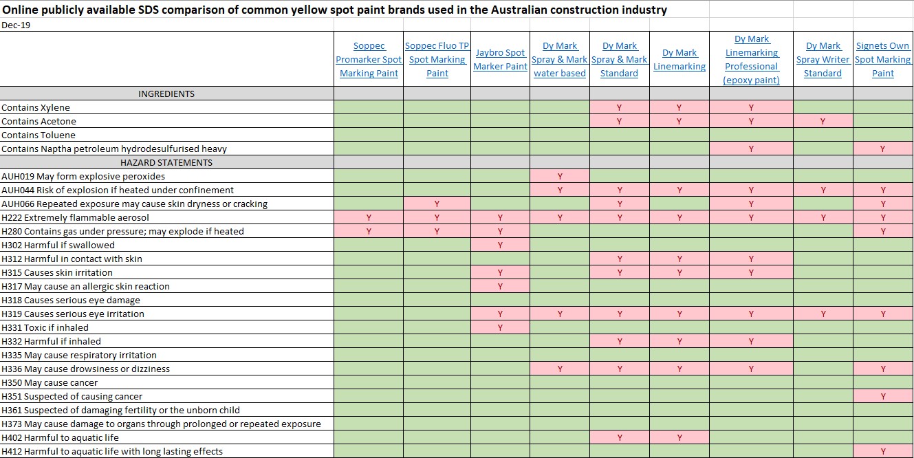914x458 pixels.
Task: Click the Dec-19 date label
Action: coord(16,25)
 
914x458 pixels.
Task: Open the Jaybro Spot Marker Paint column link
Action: coord(500,59)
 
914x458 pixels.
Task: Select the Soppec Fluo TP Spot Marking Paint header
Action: coord(437,59)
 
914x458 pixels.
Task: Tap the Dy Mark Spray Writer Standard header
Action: coord(823,59)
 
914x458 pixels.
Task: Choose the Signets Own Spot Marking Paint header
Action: coord(882,59)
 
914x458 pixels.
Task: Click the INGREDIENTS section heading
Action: coord(166,94)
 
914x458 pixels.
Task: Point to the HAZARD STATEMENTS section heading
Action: coord(166,162)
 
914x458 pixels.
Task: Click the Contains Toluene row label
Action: coord(39,135)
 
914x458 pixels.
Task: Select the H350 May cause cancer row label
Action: coord(50,382)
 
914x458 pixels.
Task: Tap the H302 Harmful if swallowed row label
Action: coord(58,245)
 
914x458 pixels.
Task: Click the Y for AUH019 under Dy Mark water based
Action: coord(560,176)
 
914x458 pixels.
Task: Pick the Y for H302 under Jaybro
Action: coord(500,245)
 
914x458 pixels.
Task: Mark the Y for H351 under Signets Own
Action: coord(883,396)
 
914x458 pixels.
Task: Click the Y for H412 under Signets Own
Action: coord(883,452)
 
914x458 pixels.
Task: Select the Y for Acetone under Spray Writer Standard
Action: coord(823,121)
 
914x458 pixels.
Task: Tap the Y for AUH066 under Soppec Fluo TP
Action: coord(437,204)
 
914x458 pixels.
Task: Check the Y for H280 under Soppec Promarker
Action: coord(369,231)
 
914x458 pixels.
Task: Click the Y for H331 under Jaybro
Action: coord(500,327)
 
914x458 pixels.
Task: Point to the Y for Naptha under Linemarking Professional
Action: coord(751,149)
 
